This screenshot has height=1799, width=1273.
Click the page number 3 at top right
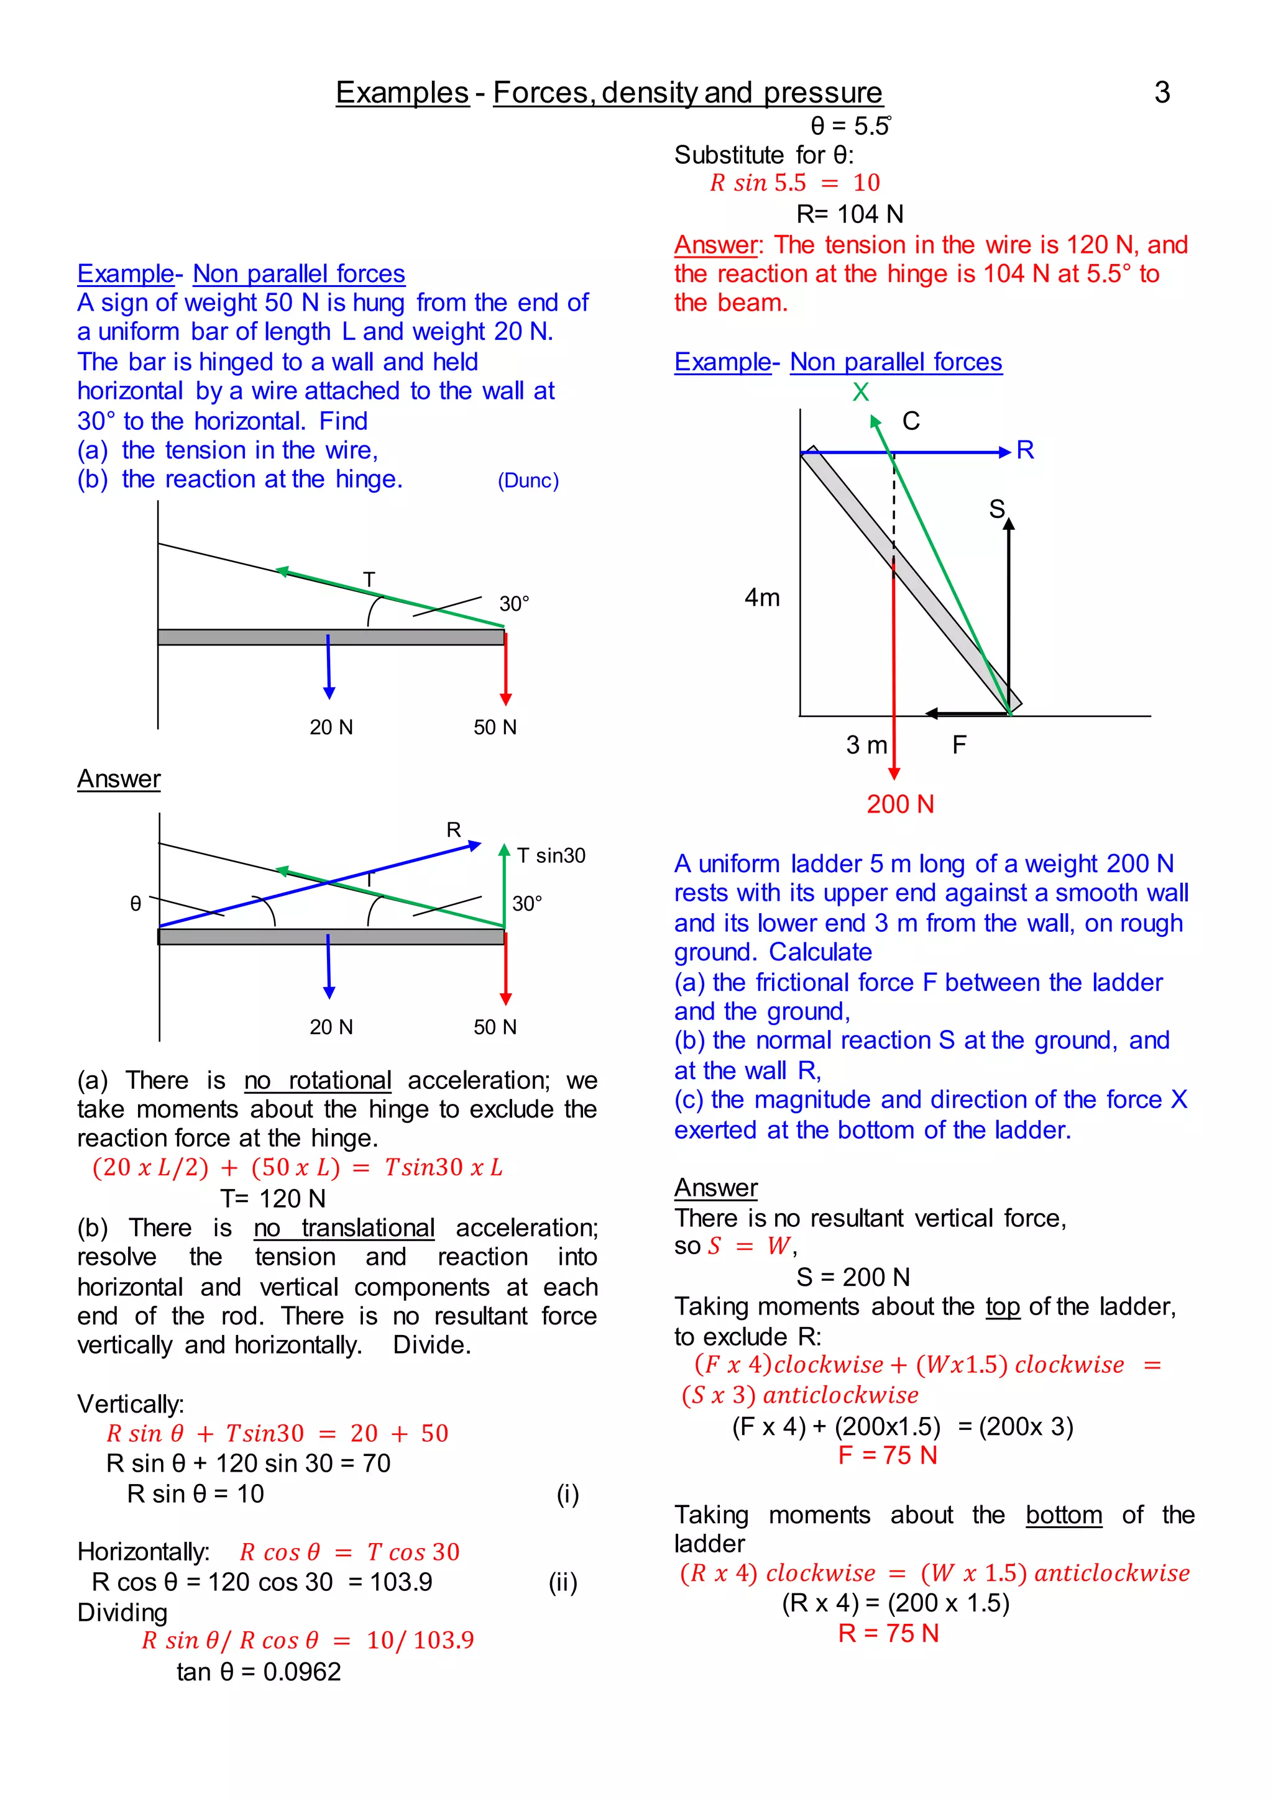tap(1162, 93)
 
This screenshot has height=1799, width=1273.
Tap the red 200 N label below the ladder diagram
tap(900, 804)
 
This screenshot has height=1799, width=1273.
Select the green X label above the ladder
tap(861, 392)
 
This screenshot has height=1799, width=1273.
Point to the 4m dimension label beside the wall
tap(762, 598)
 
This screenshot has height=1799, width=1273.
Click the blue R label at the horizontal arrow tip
tap(1024, 450)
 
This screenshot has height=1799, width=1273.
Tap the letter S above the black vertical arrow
tap(996, 509)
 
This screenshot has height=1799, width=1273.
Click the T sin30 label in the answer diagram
tap(551, 855)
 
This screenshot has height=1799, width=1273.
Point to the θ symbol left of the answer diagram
tap(136, 904)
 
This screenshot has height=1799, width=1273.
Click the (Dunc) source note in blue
tap(528, 480)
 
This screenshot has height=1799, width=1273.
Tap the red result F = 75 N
tap(888, 1455)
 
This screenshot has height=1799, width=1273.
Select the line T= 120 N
tap(272, 1199)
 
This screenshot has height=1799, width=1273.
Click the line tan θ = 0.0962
tap(258, 1672)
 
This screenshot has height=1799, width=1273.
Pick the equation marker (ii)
tap(563, 1583)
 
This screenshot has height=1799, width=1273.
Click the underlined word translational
tap(344, 1227)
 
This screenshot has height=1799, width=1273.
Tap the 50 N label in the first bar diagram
tap(495, 727)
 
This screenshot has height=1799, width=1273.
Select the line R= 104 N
tap(850, 214)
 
